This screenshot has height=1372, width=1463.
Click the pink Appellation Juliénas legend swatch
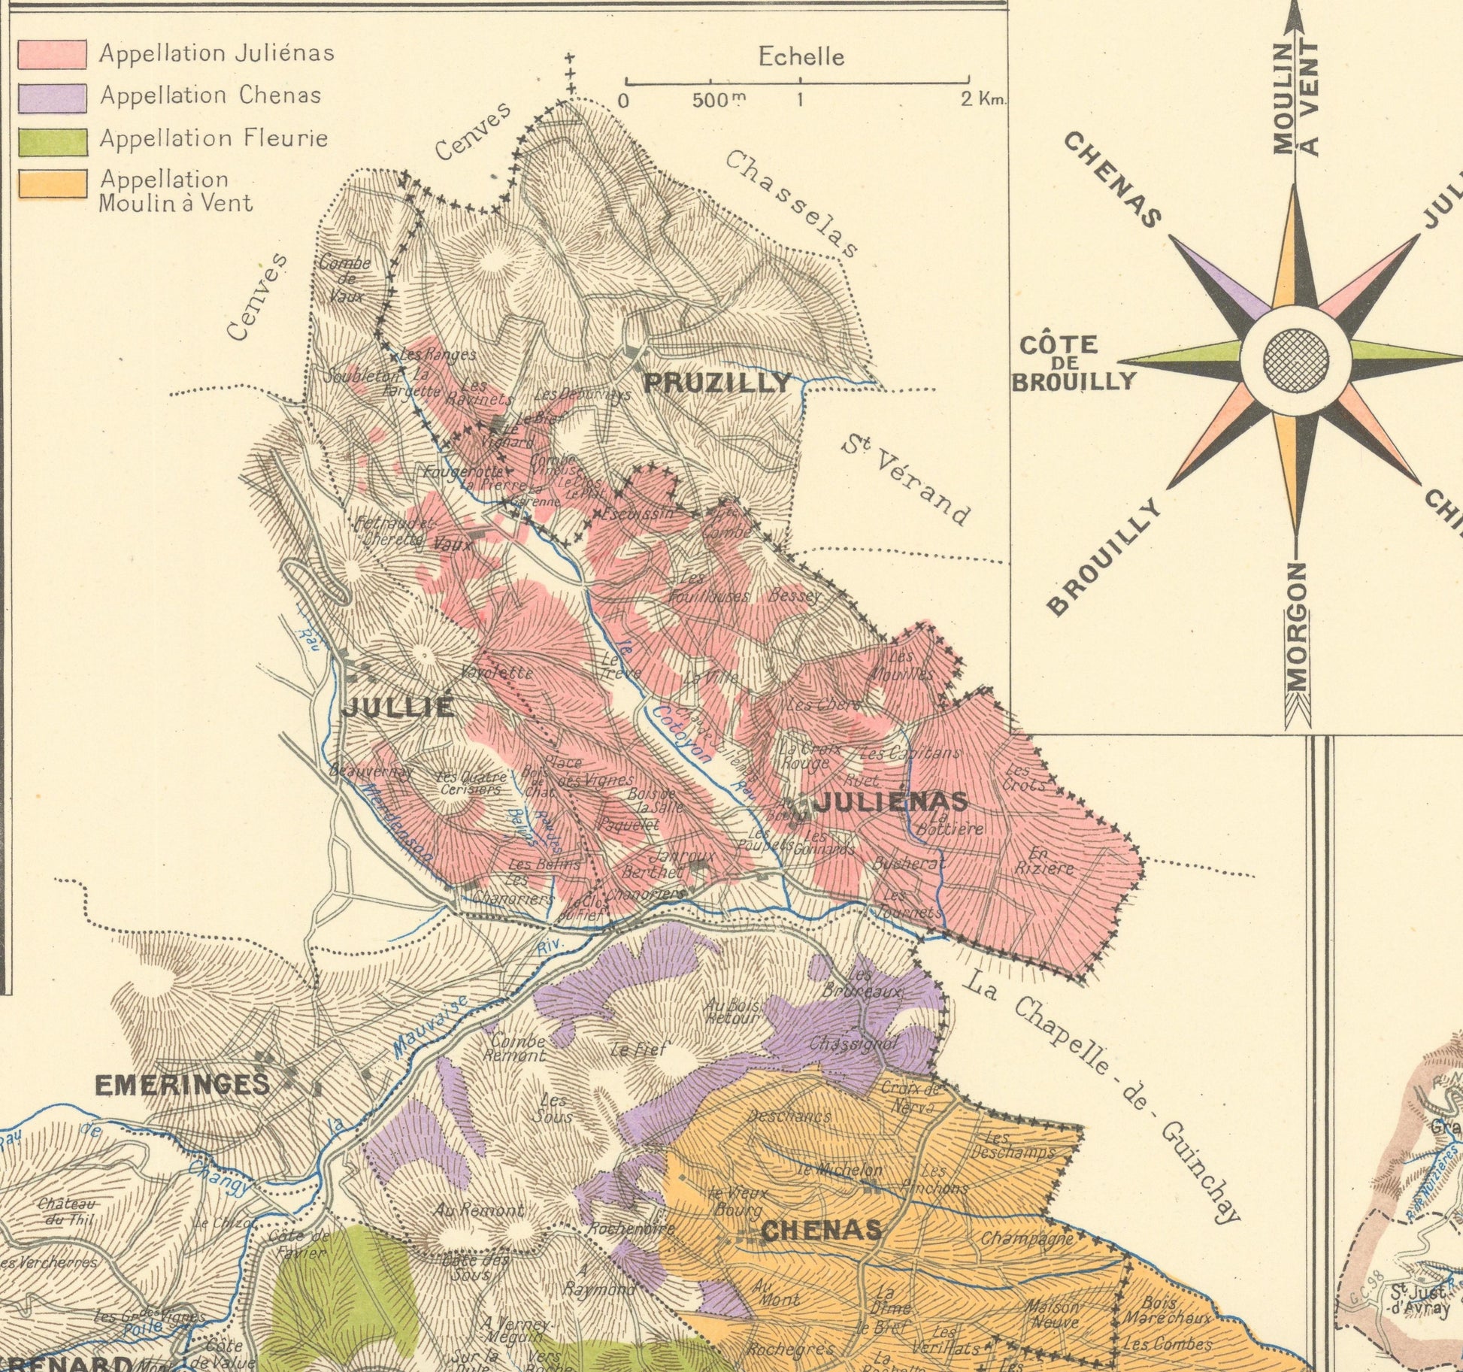point(52,54)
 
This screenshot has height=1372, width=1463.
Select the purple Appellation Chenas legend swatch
point(52,97)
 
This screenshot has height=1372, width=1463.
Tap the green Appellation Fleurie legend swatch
point(52,141)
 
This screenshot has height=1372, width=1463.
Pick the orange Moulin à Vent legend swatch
point(52,184)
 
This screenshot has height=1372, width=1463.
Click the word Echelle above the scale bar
point(801,57)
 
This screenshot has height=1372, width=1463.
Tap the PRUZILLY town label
point(718,383)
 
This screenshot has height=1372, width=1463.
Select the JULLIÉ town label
point(398,707)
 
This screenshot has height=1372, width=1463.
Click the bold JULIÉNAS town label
point(891,802)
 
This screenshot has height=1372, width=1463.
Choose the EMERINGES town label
point(182,1084)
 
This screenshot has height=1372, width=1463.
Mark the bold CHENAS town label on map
point(821,1230)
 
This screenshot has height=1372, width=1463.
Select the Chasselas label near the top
point(792,203)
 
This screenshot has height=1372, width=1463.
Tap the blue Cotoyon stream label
point(681,733)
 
